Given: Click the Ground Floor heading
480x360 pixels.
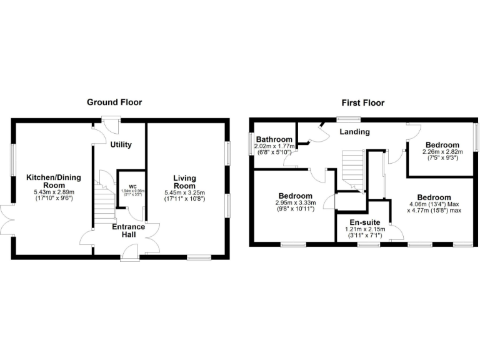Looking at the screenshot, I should tap(114, 102).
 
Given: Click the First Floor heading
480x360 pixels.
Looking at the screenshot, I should tap(362, 102).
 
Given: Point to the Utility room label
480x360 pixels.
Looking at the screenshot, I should tap(121, 145).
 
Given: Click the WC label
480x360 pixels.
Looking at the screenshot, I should tap(132, 186).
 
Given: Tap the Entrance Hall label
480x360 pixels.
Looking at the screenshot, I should tap(128, 230).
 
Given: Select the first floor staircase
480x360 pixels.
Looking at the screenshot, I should tap(352, 169).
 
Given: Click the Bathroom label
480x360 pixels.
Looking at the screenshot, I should tap(274, 139).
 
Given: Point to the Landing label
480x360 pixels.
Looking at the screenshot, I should tap(354, 132).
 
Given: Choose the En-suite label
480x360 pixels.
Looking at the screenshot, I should tap(365, 221).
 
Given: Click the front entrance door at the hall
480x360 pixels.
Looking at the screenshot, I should tap(131, 252).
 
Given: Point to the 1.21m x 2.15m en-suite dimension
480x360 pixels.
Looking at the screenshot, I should tap(365, 229).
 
